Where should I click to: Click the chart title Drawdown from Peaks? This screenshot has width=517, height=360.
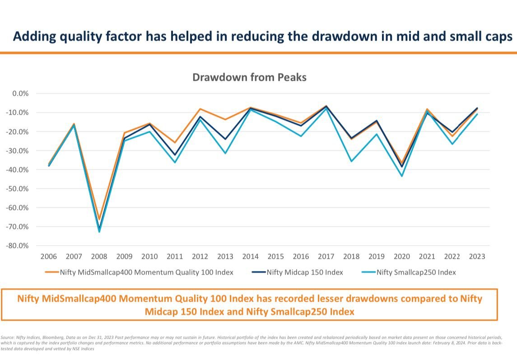pos(249,77)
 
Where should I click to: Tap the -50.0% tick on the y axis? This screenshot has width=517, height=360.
pos(17,189)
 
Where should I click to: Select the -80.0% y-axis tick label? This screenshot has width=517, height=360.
pos(17,246)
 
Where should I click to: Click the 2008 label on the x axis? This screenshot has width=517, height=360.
pos(99,257)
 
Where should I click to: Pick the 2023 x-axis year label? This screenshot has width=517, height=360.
pos(477,257)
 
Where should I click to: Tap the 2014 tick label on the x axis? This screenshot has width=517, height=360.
pos(250,257)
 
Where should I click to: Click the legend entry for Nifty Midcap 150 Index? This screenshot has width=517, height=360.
pos(298,272)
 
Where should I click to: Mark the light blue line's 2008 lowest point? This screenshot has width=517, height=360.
pos(99,232)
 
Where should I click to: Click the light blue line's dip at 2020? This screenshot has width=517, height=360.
pos(401,176)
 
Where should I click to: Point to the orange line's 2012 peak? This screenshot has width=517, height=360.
pos(200,109)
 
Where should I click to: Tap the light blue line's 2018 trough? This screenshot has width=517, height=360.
pos(351,161)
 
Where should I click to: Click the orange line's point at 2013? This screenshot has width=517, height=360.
pos(225,120)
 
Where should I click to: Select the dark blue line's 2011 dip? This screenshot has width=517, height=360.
pos(175,155)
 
